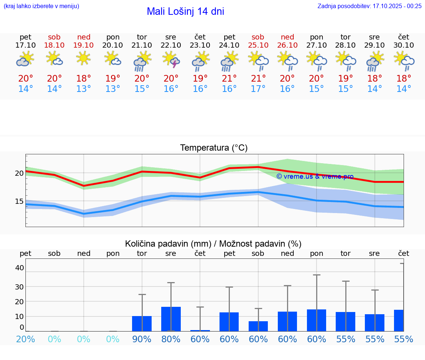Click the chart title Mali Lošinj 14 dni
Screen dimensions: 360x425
pos(185,11)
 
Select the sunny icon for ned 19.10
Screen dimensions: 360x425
pos(84,58)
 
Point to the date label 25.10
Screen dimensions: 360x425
pos(258,45)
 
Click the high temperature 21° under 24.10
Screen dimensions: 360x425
pos(229,78)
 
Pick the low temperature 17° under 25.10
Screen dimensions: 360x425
pos(258,89)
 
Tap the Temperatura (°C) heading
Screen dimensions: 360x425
pos(214,148)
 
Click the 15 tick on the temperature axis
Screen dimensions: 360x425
pos(19,201)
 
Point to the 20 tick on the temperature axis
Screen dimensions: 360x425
pos(19,173)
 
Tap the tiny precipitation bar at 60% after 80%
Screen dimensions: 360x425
pos(200,330)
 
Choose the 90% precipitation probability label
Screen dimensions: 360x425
pos(142,339)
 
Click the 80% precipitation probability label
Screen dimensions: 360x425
pos(171,339)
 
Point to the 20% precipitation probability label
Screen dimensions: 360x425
pos(25,339)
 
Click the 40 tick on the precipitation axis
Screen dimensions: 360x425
pos(19,268)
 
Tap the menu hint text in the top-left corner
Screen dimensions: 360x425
pos(41,6)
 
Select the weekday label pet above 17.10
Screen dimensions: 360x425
pos(25,37)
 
